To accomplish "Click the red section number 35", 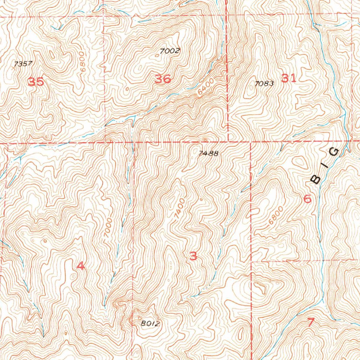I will click(x=36, y=82).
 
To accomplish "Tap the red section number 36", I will click(x=163, y=79).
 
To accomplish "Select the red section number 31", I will click(x=289, y=78).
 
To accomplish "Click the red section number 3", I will click(x=193, y=256).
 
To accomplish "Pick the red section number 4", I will click(x=81, y=266).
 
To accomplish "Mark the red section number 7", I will click(x=310, y=322).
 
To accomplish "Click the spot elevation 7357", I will click(x=23, y=64).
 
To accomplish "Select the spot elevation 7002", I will click(x=169, y=51).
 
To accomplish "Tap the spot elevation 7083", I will click(x=264, y=83).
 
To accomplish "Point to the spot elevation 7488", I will click(x=208, y=153).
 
